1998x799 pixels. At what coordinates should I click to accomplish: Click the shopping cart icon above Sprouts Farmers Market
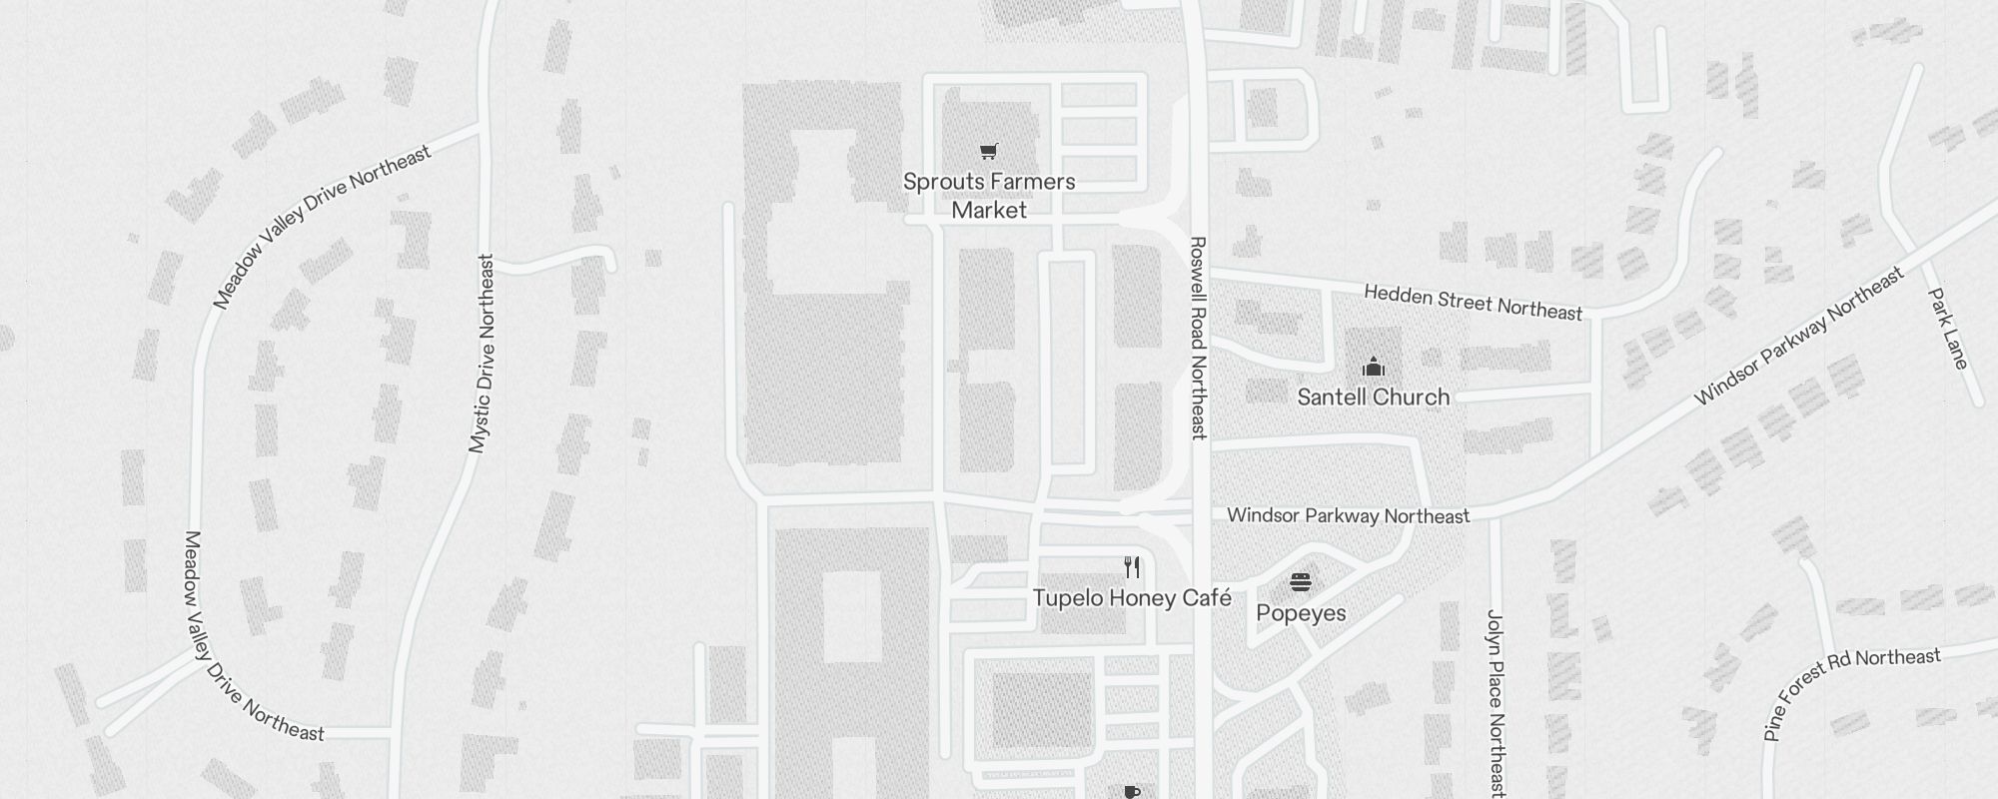tap(988, 152)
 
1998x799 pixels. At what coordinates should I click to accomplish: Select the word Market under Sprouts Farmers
tap(989, 211)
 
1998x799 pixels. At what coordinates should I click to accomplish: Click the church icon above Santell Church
tap(1374, 368)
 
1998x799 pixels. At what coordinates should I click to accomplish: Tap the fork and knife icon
tap(1132, 567)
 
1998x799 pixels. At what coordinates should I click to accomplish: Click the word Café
tap(1207, 598)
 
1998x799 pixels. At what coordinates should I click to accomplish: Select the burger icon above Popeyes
tap(1300, 582)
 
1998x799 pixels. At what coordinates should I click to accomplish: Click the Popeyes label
tap(1301, 613)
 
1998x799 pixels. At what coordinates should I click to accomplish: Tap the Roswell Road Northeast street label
tap(1198, 338)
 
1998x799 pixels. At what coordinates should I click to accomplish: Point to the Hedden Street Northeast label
tap(1474, 302)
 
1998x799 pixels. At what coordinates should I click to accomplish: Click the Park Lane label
tap(1948, 329)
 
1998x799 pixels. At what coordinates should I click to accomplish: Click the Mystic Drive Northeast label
tap(482, 354)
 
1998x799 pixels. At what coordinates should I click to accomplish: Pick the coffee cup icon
tap(1132, 792)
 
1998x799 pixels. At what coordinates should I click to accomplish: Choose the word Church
tap(1410, 398)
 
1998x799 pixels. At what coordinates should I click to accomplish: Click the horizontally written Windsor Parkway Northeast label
tap(1348, 515)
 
